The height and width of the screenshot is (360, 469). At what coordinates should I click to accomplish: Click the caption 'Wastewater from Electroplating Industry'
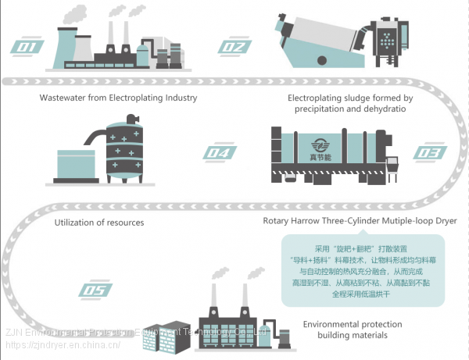118,98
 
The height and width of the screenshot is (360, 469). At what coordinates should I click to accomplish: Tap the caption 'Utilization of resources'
98,223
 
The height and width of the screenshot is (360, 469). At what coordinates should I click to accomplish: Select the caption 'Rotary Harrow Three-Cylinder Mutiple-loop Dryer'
360,220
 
